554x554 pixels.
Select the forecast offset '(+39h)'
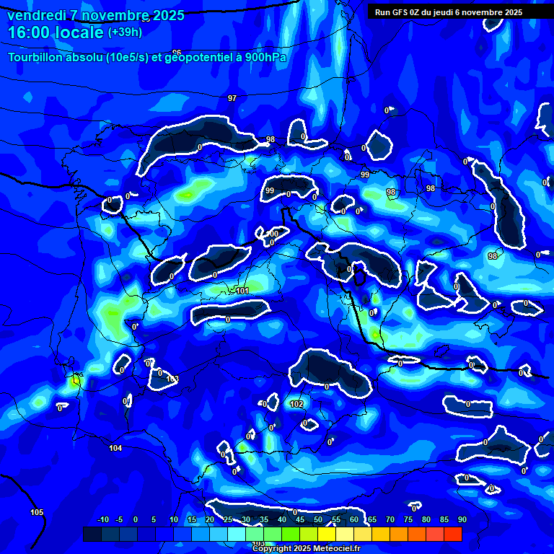point(125,32)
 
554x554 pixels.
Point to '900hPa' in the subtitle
point(266,57)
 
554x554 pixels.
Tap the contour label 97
point(232,98)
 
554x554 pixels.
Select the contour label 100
point(272,234)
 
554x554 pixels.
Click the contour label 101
point(242,291)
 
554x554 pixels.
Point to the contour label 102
point(296,405)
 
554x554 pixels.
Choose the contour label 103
point(172,379)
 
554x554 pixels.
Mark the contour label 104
point(115,449)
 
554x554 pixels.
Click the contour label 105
point(37,513)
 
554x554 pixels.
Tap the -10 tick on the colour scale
point(102,519)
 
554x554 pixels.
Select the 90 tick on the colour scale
point(462,519)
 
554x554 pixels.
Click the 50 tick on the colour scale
point(318,519)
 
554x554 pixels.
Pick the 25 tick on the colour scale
point(228,519)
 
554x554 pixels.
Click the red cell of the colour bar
point(452,534)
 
